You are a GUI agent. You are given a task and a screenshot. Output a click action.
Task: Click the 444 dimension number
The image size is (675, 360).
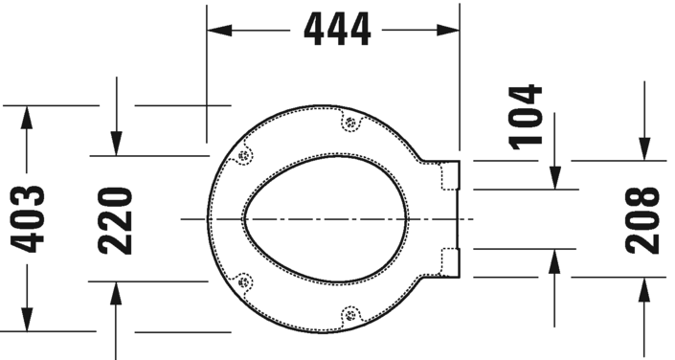337,31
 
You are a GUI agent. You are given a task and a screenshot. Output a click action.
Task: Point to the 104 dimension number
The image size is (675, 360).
525,116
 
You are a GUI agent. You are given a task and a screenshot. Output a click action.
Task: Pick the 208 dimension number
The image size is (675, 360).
643,219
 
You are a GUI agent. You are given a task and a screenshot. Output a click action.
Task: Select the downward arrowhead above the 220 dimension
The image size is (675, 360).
115,144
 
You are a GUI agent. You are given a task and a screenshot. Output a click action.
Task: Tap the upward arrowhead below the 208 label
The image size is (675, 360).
643,289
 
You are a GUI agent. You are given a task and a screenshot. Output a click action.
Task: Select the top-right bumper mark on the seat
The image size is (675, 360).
349,123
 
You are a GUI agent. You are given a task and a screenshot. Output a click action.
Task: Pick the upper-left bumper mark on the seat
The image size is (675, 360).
244,155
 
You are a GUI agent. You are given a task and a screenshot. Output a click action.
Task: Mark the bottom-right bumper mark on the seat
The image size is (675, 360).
349,313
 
